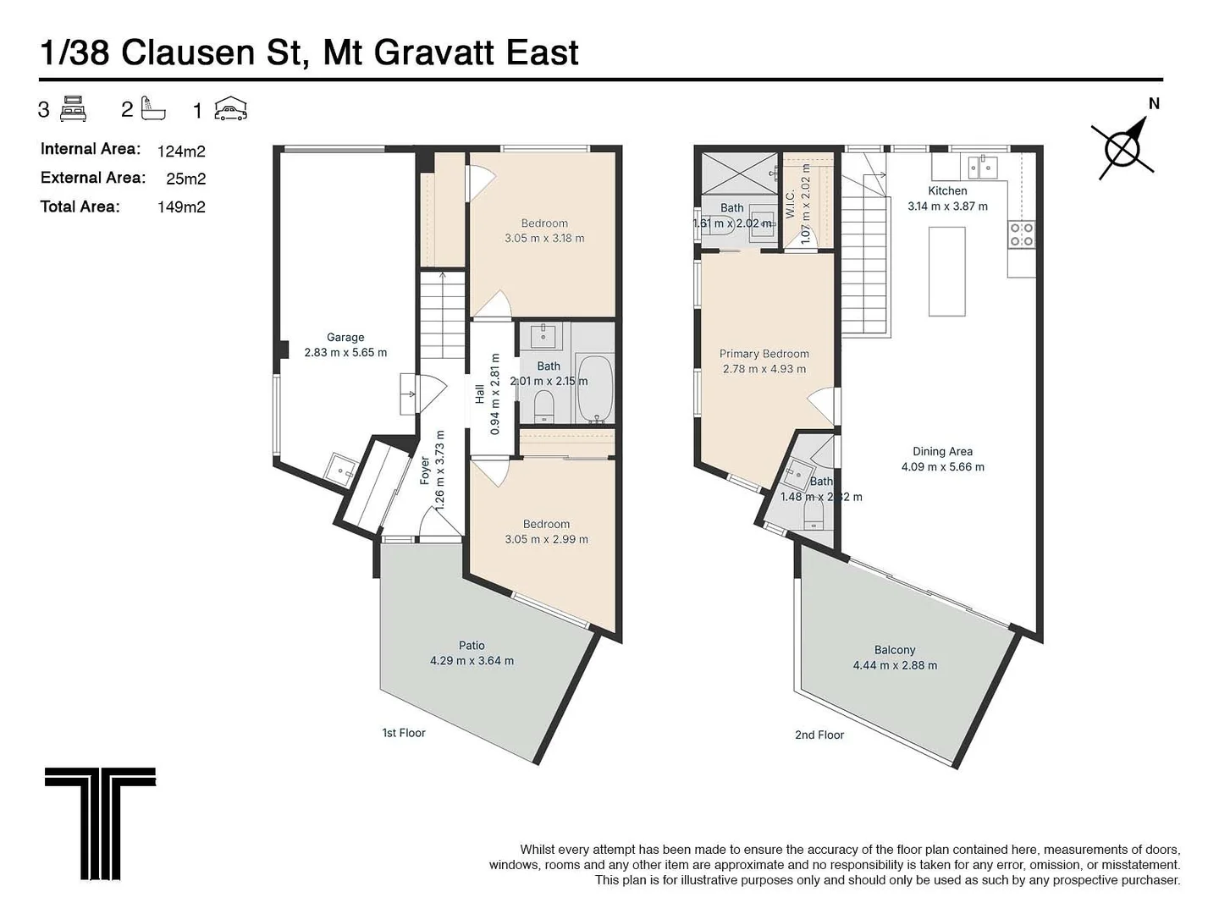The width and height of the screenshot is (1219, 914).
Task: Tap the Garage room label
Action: (345, 337)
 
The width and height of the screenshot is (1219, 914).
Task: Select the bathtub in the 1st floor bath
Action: (596, 388)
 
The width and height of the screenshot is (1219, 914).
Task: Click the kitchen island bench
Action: (946, 272)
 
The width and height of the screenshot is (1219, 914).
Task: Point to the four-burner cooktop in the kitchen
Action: (1022, 234)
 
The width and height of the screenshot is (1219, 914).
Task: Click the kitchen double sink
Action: (983, 168)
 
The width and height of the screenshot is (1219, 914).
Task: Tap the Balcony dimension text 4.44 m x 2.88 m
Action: (895, 665)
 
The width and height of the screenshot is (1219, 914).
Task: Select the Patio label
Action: (472, 645)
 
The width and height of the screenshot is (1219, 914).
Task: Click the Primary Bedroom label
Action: (764, 354)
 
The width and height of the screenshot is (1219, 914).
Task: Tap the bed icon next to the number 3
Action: (74, 110)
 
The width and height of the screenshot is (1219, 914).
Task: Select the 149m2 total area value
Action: (181, 206)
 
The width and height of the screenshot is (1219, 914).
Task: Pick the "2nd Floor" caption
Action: (819, 735)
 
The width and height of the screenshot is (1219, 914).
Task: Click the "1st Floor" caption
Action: (403, 732)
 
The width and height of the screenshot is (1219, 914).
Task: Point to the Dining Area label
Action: (942, 451)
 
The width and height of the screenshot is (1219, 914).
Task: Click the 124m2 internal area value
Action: (181, 151)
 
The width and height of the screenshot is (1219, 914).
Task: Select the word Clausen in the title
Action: (212, 52)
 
